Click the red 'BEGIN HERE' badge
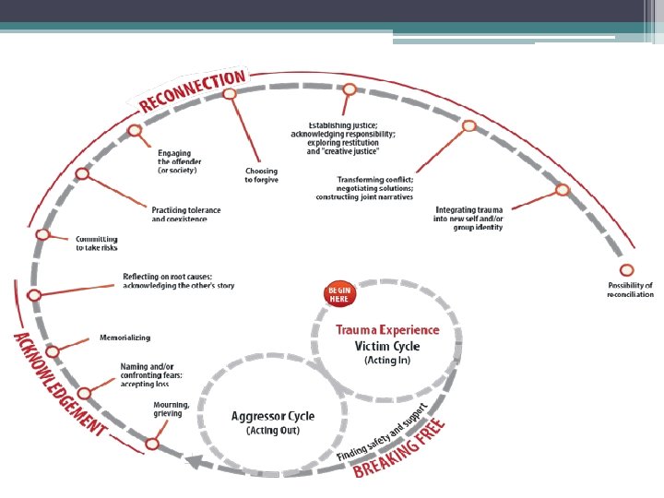coord(338,293)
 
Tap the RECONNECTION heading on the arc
coord(193,89)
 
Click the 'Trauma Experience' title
coord(387,329)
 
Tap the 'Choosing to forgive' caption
coord(261,175)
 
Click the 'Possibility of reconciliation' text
coord(631,290)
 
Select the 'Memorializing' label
coord(125,338)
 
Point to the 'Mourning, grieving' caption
coord(172,409)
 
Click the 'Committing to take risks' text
coord(97,243)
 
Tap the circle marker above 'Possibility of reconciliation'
coord(626,270)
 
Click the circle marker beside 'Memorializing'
coord(53,351)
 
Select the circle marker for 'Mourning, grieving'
coord(152,444)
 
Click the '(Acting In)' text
coord(387,361)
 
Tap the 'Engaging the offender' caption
coord(179,160)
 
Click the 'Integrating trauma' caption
coord(469,219)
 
